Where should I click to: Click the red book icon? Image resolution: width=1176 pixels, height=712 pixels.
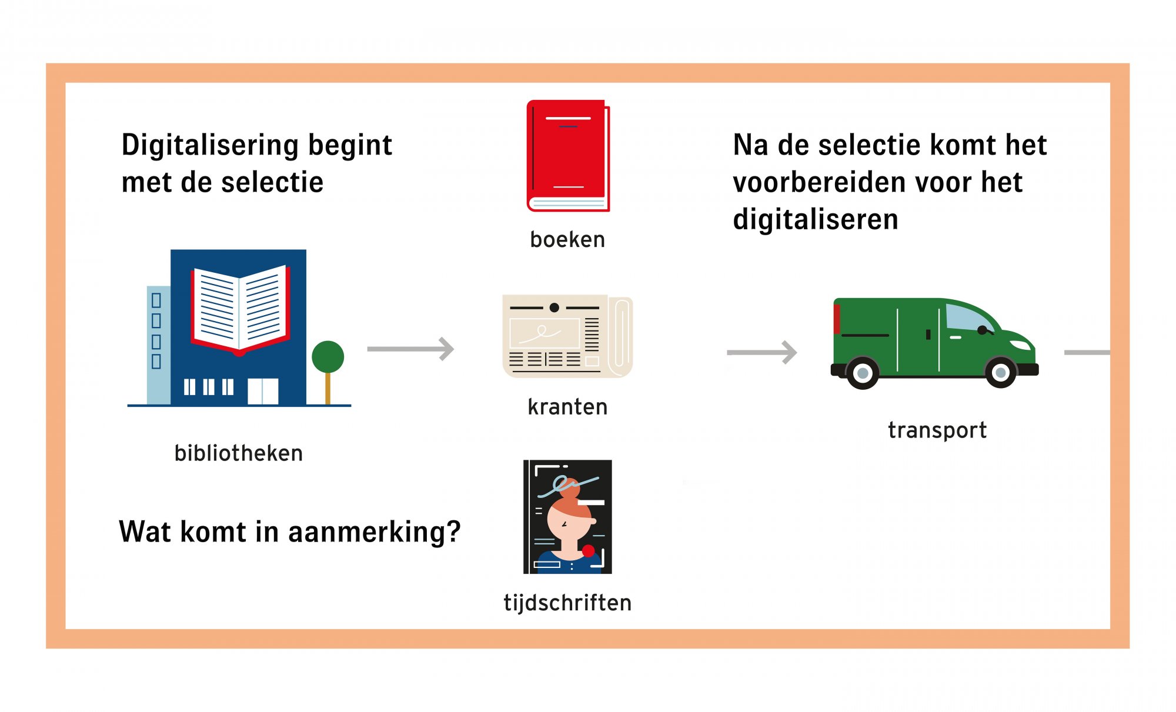pyautogui.click(x=568, y=156)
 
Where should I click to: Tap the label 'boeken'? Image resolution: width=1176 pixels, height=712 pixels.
pyautogui.click(x=567, y=240)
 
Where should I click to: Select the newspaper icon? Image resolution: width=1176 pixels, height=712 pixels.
pyautogui.click(x=567, y=336)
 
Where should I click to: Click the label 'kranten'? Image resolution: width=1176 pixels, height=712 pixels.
pyautogui.click(x=567, y=407)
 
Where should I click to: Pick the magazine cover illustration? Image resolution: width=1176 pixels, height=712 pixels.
pyautogui.click(x=567, y=517)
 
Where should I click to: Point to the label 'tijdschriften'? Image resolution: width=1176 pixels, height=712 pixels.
pyautogui.click(x=567, y=603)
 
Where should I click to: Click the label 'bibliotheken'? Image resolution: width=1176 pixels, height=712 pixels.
pyautogui.click(x=239, y=453)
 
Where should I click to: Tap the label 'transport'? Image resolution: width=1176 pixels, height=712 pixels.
pyautogui.click(x=937, y=430)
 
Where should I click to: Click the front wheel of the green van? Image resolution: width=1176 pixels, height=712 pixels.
pyautogui.click(x=1000, y=372)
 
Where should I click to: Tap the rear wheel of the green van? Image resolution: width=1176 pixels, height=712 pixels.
pyautogui.click(x=863, y=373)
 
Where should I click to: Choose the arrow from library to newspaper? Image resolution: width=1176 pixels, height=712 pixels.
pyautogui.click(x=410, y=349)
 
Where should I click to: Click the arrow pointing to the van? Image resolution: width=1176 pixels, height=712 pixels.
pyautogui.click(x=762, y=352)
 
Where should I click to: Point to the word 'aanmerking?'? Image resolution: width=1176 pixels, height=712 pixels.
pyautogui.click(x=375, y=532)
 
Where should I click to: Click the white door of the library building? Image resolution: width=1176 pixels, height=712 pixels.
pyautogui.click(x=263, y=392)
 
